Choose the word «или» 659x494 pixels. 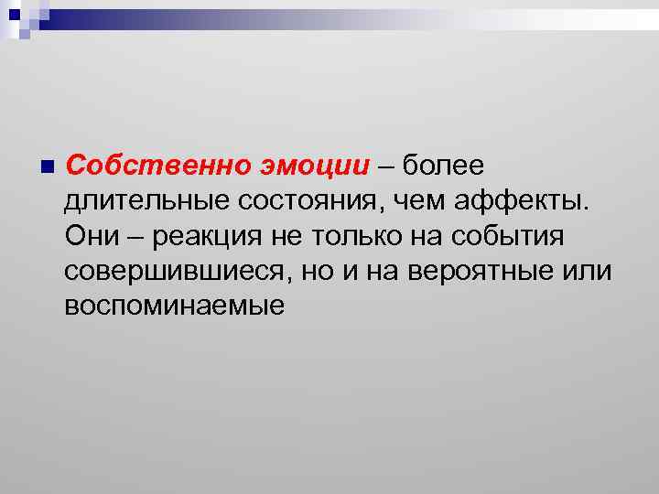coord(587,271)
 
